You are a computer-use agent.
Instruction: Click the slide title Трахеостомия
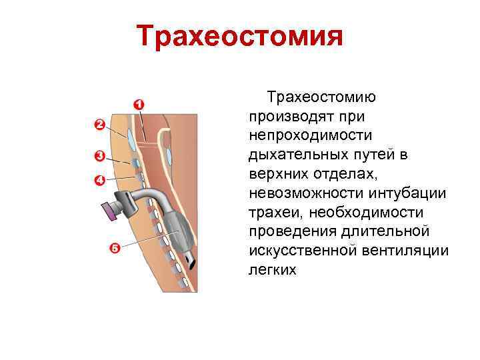(x=239, y=37)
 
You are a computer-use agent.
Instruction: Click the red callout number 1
(x=139, y=104)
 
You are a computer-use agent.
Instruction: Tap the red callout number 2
(x=99, y=124)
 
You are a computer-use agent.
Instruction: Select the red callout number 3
(x=99, y=157)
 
